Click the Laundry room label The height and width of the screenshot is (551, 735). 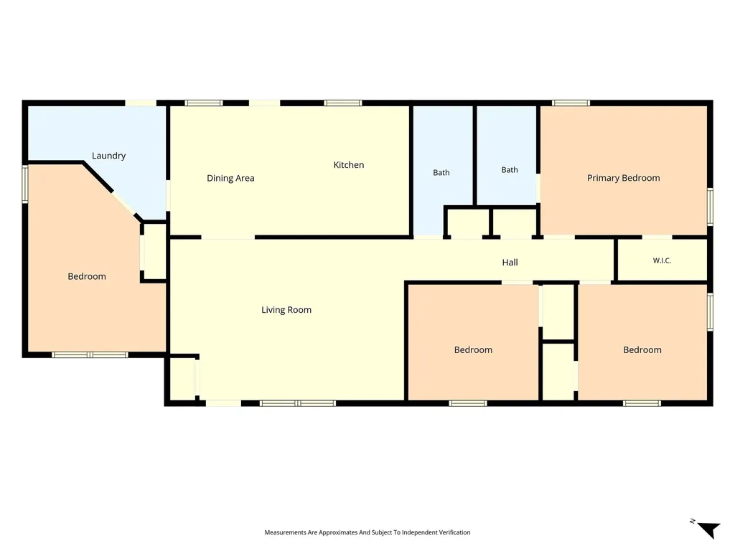(x=109, y=156)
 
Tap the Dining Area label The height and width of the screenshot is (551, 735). (x=230, y=178)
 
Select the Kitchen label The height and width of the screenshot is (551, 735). (x=349, y=165)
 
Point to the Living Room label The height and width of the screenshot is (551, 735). (x=286, y=310)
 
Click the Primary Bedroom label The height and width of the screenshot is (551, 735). (x=624, y=178)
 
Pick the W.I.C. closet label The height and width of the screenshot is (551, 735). (x=662, y=260)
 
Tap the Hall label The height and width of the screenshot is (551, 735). (x=510, y=263)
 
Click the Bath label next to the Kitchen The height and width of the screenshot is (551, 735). (x=441, y=172)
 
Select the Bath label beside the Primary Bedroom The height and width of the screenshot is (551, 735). (x=510, y=169)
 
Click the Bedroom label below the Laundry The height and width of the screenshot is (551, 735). (x=87, y=276)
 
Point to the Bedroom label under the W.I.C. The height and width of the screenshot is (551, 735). (x=642, y=350)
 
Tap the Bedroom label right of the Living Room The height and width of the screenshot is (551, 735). (x=474, y=350)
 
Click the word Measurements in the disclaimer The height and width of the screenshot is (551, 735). (x=286, y=532)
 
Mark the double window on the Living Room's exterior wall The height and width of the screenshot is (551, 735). (x=298, y=403)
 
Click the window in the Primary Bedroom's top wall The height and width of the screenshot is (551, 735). (x=571, y=103)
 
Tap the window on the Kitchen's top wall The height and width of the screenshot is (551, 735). (x=342, y=103)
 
